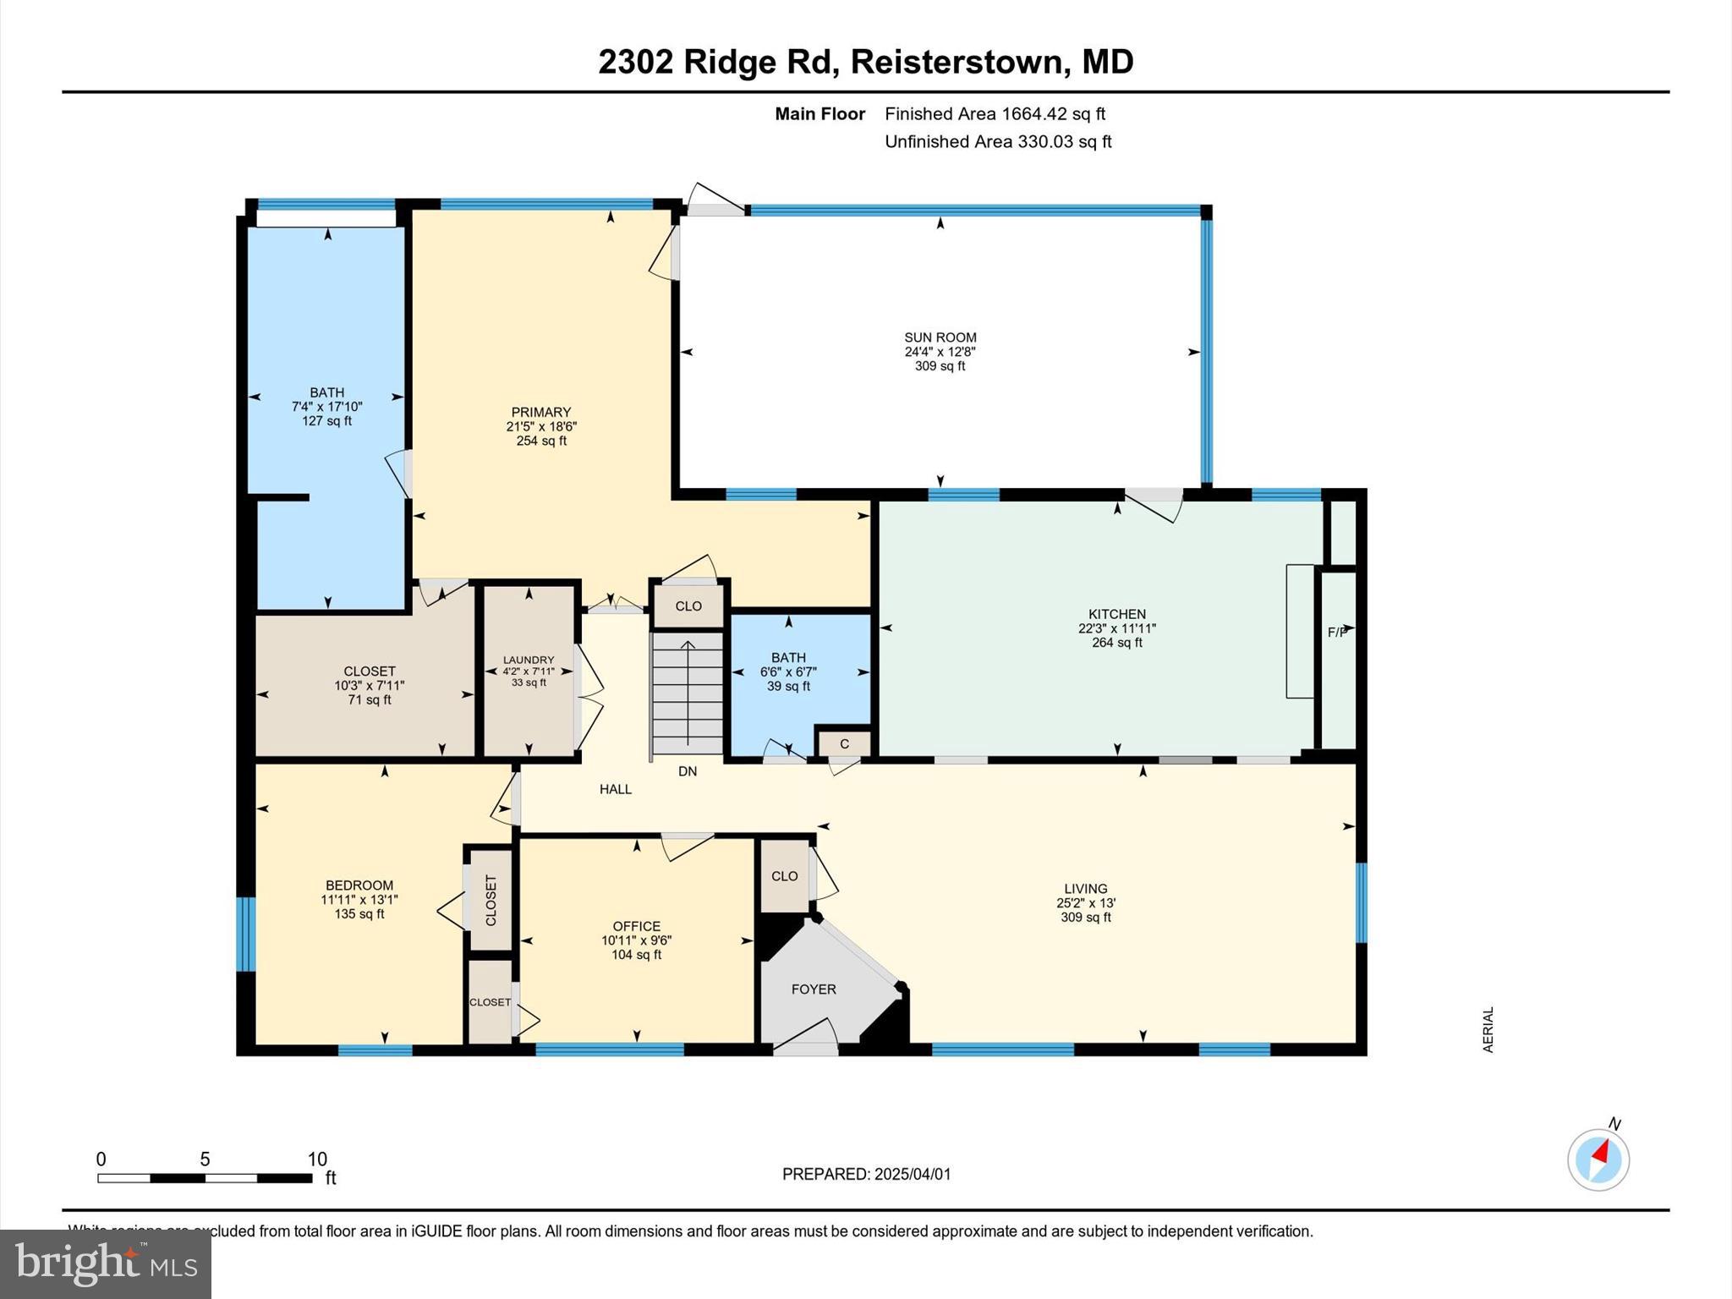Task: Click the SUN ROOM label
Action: pos(940,337)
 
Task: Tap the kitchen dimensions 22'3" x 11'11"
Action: pos(1116,628)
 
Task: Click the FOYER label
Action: pos(813,989)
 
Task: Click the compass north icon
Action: pos(1598,1159)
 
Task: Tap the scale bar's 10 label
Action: pos(316,1159)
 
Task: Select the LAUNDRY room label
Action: pos(529,660)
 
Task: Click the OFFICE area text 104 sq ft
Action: pos(636,955)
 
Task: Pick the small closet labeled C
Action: pos(844,744)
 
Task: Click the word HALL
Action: pos(616,789)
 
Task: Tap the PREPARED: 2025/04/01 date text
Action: pos(866,1174)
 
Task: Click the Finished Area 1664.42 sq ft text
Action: pos(995,113)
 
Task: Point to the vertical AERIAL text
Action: pos(1488,1029)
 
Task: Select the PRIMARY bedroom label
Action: pos(541,413)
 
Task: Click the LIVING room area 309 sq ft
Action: pos(1085,917)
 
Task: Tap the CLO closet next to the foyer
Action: pos(784,876)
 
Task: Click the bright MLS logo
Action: pos(106,1263)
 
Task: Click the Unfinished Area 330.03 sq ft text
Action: pos(998,141)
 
